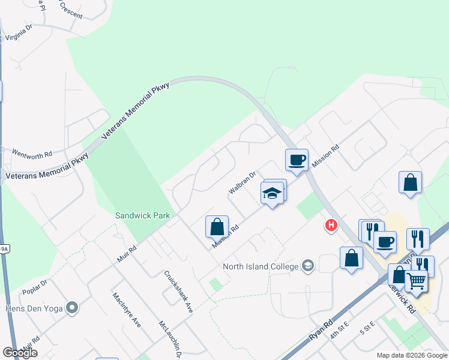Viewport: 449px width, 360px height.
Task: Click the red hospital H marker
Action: (330, 226)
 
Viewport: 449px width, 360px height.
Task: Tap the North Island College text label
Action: (261, 266)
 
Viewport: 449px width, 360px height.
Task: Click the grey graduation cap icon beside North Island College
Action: (308, 266)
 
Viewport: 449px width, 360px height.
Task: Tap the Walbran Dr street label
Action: (242, 183)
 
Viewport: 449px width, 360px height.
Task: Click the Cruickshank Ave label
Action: (178, 293)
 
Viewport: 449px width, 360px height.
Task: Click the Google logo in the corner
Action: (20, 353)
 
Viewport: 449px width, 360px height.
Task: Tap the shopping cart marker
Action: (415, 280)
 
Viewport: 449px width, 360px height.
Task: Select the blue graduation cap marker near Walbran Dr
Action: (272, 193)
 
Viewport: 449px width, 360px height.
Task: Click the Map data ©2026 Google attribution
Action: (411, 355)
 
